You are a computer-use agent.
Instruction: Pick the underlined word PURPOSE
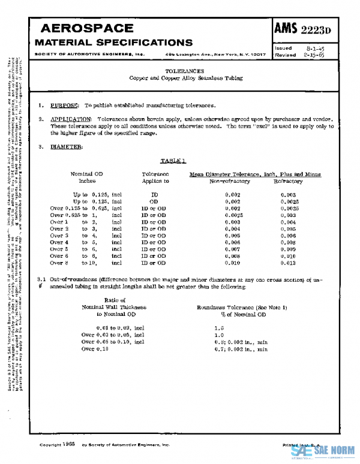(x=64, y=106)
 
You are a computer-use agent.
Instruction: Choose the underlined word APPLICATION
(x=71, y=120)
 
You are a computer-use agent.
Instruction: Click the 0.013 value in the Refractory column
(x=289, y=263)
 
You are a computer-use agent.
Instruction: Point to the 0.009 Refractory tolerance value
(x=289, y=249)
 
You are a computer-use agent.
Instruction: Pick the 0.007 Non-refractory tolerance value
(x=233, y=249)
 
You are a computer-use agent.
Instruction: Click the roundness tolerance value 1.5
(x=218, y=328)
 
